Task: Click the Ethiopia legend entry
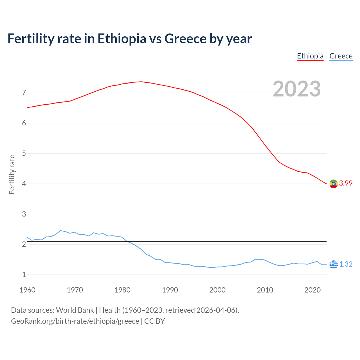[310, 56]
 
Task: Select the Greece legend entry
[341, 56]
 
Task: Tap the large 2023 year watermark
[297, 89]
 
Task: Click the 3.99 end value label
[346, 183]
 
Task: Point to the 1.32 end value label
[346, 264]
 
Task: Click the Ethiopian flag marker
[334, 184]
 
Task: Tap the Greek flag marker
[334, 264]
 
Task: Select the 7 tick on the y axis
[24, 93]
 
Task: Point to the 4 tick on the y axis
[24, 184]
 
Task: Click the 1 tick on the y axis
[24, 275]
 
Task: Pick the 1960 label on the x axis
[27, 290]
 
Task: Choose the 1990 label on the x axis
[170, 290]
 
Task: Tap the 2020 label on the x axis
[312, 290]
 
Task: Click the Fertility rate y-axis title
[12, 174]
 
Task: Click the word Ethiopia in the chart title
[122, 39]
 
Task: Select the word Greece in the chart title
[185, 39]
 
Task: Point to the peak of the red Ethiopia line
[141, 82]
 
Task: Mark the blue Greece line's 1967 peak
[60, 231]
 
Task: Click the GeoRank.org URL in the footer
[75, 321]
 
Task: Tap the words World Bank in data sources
[75, 310]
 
